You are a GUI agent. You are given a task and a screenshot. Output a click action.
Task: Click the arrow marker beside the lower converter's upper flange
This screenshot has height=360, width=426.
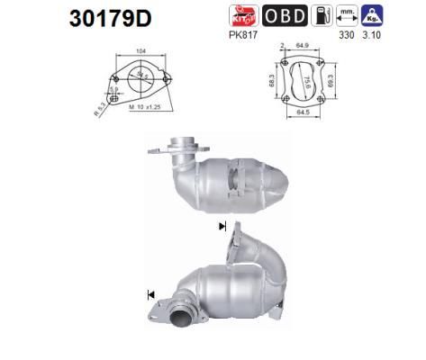tap(222, 228)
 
